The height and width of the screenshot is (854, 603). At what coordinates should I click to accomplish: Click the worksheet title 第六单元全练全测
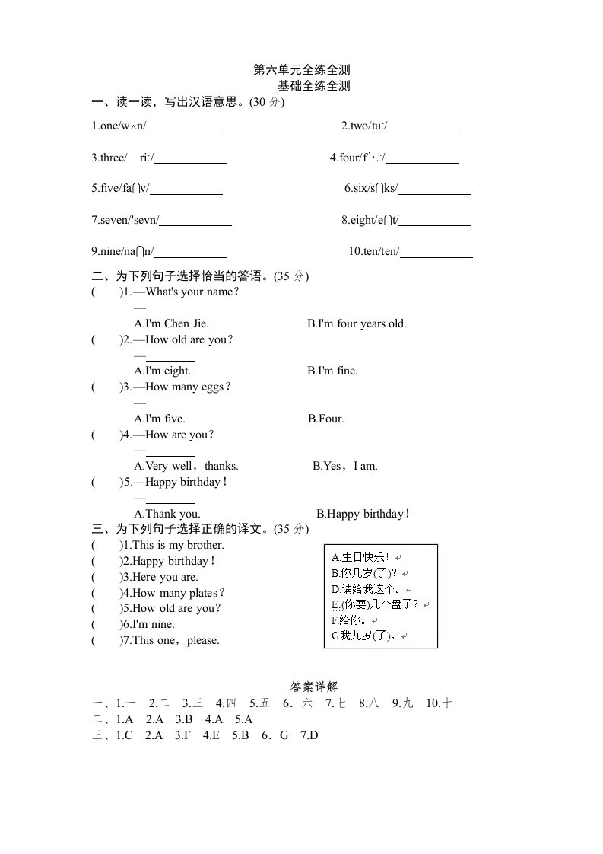click(x=301, y=70)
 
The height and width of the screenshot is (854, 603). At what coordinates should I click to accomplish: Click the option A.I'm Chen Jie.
click(x=171, y=323)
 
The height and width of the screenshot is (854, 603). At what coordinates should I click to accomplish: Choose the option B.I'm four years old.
click(x=357, y=323)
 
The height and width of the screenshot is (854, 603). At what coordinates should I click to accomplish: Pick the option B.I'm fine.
click(x=332, y=371)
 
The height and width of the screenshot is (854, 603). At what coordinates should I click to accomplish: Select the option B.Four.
click(x=326, y=418)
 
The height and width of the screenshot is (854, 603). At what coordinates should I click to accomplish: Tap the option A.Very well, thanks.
click(x=186, y=466)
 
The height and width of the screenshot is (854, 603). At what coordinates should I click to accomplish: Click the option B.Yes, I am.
click(x=345, y=466)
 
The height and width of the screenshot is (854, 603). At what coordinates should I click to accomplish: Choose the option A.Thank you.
click(x=167, y=514)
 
